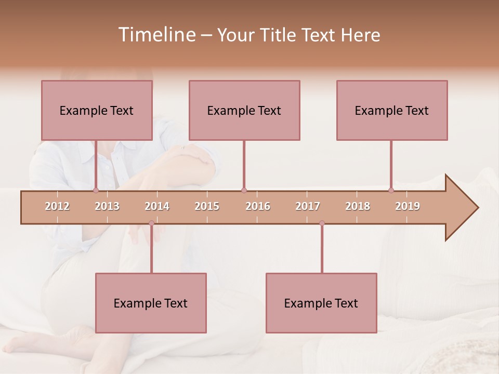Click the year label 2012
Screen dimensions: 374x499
coord(57,206)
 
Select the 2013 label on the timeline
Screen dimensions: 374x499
coord(107,206)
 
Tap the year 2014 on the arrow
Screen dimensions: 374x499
coord(157,206)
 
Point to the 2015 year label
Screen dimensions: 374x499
coord(207,206)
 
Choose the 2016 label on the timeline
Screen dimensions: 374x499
coord(258,206)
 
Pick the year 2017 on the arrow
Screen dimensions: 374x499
coord(308,206)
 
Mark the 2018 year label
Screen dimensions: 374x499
coord(358,206)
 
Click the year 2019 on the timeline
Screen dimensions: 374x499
coord(408,206)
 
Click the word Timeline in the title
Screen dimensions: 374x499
coord(156,35)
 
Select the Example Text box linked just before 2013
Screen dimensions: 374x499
coord(97,110)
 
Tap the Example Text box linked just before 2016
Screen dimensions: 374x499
coord(244,110)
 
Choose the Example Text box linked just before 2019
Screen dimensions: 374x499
coord(392,110)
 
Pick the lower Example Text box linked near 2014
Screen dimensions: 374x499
coord(151,303)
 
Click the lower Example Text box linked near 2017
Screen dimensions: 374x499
coord(321,303)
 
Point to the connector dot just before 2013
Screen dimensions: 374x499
coord(96,190)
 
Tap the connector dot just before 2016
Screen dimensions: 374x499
coord(244,190)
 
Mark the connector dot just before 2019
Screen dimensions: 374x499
coord(391,190)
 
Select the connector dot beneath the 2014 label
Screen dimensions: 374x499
coord(151,223)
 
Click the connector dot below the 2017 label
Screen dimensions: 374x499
coord(322,223)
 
